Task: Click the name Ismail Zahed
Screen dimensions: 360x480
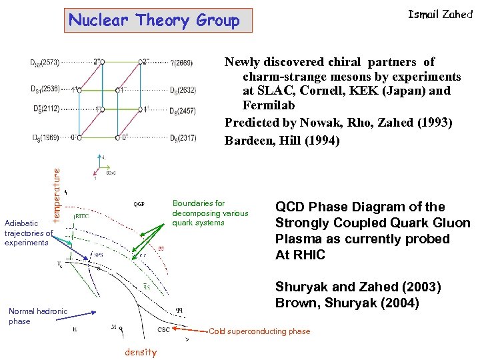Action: click(x=439, y=14)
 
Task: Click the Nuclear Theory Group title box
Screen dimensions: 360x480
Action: click(x=154, y=21)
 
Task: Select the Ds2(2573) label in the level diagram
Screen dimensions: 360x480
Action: click(x=45, y=63)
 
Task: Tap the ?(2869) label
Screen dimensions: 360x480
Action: click(x=181, y=63)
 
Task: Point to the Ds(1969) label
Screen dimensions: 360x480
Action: click(x=45, y=138)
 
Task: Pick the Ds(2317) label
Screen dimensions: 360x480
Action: click(x=183, y=138)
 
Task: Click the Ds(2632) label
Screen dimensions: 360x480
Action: click(x=183, y=90)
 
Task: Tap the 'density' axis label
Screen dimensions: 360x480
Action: click(x=140, y=352)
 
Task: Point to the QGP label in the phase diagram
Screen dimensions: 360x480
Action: click(x=139, y=205)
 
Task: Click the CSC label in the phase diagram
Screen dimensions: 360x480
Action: click(x=164, y=329)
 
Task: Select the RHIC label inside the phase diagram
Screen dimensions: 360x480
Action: click(x=81, y=216)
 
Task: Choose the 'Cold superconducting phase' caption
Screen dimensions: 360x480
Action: click(x=259, y=331)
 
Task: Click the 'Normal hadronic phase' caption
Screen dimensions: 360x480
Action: click(x=38, y=316)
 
